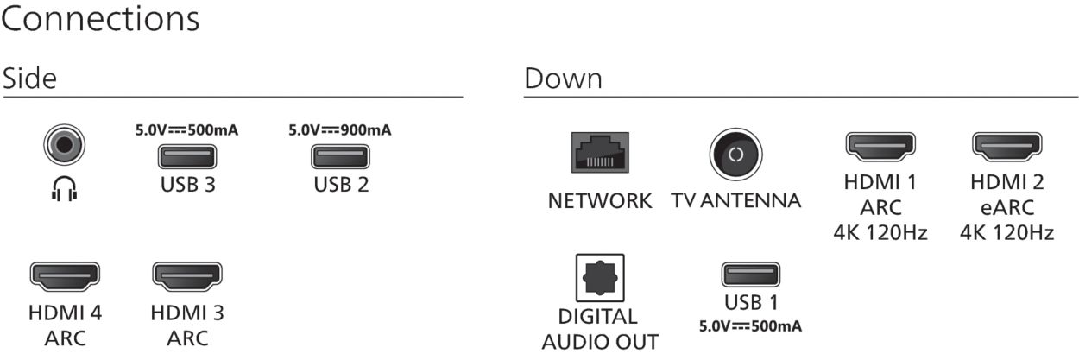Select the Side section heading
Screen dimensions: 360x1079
pos(29,79)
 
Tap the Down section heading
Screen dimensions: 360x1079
pos(563,79)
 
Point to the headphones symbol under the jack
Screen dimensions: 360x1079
pos(64,189)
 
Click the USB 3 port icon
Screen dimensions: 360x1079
pos(186,157)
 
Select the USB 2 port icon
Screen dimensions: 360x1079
pos(340,157)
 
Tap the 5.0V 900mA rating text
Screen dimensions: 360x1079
pos(340,131)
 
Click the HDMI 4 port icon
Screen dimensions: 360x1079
pos(65,276)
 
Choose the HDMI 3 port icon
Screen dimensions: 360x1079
pos(186,276)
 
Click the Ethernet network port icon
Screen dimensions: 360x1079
pos(600,153)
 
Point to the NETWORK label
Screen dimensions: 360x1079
pos(600,202)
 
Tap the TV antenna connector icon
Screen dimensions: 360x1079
pos(735,155)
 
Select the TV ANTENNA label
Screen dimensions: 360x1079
pos(735,202)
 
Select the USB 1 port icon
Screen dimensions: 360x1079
pos(750,275)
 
